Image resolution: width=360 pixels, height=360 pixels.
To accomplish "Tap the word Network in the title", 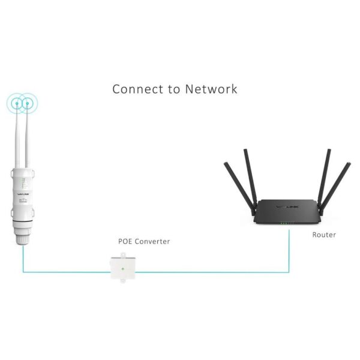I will click(x=211, y=89).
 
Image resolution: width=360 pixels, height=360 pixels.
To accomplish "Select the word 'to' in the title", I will click(x=173, y=90).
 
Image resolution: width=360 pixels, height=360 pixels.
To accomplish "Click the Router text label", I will click(x=324, y=235).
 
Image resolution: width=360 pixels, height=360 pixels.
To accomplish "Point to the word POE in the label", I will click(x=126, y=241).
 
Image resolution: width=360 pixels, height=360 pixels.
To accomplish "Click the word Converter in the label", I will click(x=153, y=241).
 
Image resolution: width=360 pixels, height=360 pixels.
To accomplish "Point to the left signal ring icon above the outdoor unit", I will click(x=17, y=103).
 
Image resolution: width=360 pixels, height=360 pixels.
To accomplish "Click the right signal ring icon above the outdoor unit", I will click(x=28, y=103).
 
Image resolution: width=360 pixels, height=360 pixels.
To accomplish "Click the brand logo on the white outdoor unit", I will click(x=19, y=193).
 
